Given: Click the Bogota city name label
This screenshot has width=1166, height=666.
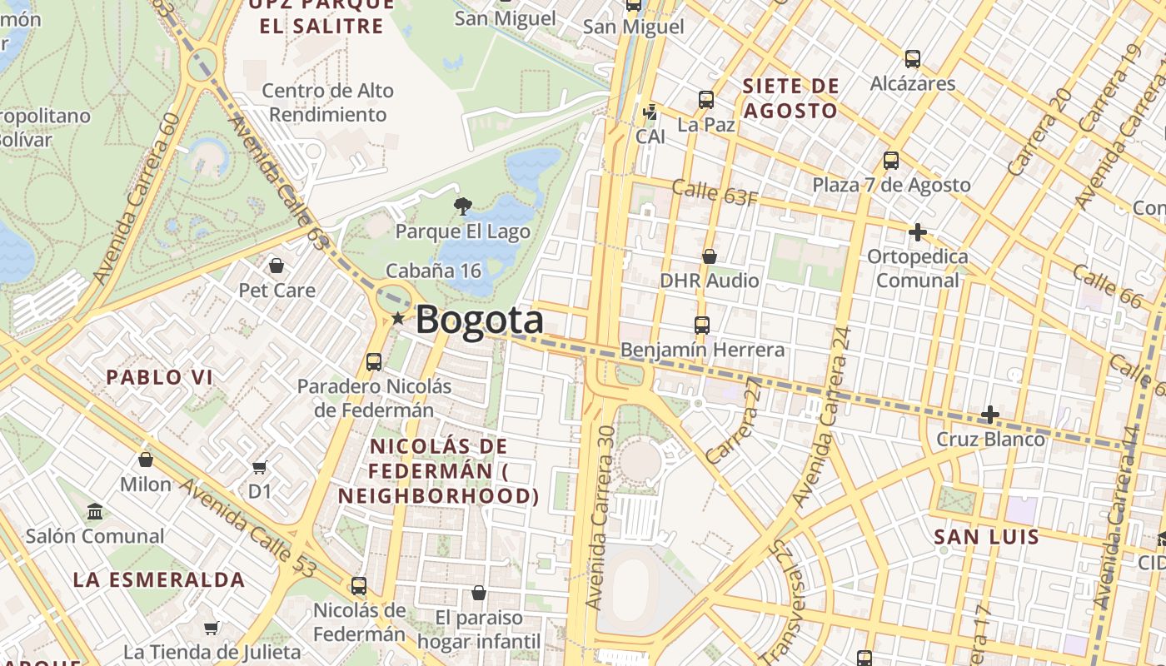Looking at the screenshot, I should coord(479,321).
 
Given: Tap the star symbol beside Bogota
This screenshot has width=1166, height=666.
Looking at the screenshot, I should coord(398,318).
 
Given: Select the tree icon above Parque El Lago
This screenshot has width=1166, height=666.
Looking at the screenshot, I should coord(462,206).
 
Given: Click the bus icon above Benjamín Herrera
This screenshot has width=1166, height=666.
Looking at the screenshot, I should coord(702,325).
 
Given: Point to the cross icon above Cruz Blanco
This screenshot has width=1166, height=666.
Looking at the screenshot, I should coord(990,414).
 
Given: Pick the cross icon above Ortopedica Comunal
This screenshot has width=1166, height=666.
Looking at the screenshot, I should coord(918,232).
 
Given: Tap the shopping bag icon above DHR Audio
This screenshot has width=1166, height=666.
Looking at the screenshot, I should coord(710,256).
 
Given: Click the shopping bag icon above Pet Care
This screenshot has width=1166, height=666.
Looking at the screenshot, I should coord(277,266).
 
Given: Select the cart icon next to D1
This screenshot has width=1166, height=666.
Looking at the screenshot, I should coord(260,467).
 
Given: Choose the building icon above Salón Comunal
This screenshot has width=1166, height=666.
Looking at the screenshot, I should coord(95,511).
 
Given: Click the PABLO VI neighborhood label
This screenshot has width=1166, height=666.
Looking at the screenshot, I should coord(159,377).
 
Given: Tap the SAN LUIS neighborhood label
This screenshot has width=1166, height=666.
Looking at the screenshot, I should coord(987,537).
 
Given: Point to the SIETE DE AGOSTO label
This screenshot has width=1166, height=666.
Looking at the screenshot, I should coord(790,98).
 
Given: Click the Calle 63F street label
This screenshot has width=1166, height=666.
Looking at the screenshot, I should coord(715,192).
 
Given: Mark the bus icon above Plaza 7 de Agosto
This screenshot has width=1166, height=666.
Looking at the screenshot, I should coord(891,161).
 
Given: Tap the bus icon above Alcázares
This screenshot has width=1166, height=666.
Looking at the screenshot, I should coord(913,59).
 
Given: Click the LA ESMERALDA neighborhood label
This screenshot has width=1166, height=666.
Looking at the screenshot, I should coord(158,579).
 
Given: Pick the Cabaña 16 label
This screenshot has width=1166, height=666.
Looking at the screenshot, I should coord(433,271).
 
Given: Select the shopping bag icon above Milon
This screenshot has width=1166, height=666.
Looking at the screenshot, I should coord(146,460).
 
